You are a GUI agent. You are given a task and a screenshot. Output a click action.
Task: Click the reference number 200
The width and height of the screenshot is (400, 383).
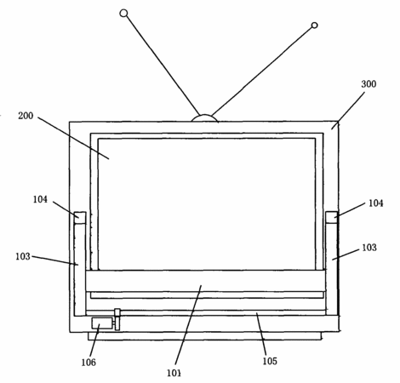click(x=26, y=116)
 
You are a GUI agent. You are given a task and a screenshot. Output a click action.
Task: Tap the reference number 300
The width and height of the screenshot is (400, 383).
click(x=369, y=84)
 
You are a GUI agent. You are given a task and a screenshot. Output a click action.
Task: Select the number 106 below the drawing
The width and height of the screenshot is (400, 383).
click(x=89, y=362)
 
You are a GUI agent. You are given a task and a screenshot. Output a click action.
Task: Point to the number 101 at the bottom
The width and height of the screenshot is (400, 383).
click(x=174, y=373)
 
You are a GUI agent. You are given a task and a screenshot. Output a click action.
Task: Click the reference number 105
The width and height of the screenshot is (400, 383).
click(x=270, y=361)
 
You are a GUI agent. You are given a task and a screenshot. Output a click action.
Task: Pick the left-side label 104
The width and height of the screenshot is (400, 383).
click(x=40, y=199)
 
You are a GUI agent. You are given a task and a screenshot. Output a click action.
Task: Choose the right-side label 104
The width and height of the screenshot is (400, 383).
click(x=375, y=203)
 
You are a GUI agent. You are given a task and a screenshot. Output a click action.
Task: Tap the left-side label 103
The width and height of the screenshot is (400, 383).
click(x=23, y=256)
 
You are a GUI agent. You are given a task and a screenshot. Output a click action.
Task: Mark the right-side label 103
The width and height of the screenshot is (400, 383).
click(x=369, y=248)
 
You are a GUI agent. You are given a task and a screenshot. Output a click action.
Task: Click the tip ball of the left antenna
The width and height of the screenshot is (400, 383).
click(x=123, y=14)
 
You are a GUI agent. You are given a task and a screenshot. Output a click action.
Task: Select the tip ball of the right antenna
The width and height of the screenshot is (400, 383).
click(x=314, y=26)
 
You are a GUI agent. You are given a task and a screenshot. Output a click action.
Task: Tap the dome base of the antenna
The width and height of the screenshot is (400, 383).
click(x=205, y=118)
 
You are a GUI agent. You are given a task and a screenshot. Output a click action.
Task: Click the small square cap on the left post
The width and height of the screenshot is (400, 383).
click(x=80, y=218)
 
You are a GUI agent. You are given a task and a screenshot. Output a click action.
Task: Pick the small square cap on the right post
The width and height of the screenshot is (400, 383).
click(x=331, y=217)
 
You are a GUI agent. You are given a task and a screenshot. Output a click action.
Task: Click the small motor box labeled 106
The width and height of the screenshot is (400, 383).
click(x=102, y=323)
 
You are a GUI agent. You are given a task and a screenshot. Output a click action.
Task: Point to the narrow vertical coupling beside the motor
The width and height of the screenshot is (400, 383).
click(x=117, y=319)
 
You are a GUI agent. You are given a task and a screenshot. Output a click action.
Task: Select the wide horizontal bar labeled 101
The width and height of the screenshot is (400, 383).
click(x=205, y=281)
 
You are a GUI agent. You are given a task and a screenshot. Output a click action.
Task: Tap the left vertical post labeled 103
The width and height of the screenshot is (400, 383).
click(x=80, y=270)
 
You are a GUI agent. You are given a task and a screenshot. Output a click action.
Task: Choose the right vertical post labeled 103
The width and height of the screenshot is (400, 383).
click(x=331, y=270)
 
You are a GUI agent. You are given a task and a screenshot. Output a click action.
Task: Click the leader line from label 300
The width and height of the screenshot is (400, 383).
click(x=348, y=111)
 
